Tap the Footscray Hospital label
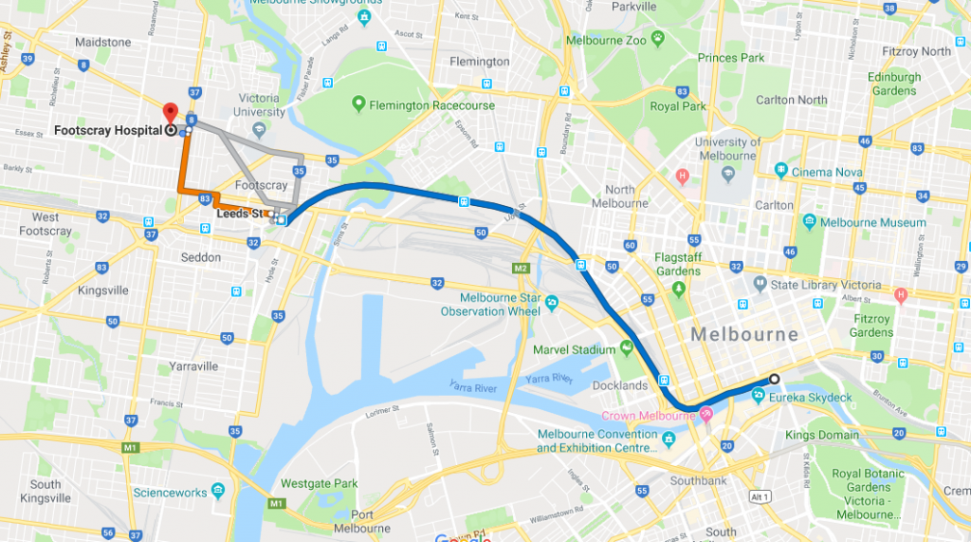click(x=108, y=131)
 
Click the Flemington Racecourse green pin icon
click(x=358, y=103)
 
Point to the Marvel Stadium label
click(x=574, y=349)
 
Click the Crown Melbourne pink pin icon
click(x=706, y=415)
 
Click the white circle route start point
click(x=775, y=379)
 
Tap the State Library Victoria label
click(x=825, y=284)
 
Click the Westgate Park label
click(x=319, y=483)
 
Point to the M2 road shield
click(x=521, y=269)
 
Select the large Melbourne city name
click(x=744, y=334)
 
